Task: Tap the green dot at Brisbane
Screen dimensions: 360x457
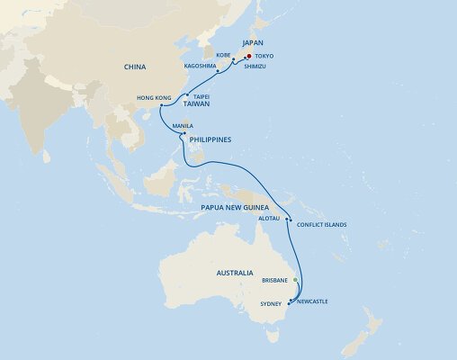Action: (294, 280)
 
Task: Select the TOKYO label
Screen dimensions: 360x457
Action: (264, 57)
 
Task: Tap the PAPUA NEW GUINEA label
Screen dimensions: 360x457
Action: (238, 206)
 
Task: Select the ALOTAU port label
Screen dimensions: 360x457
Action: (272, 219)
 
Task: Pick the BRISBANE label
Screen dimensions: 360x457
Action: (273, 280)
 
